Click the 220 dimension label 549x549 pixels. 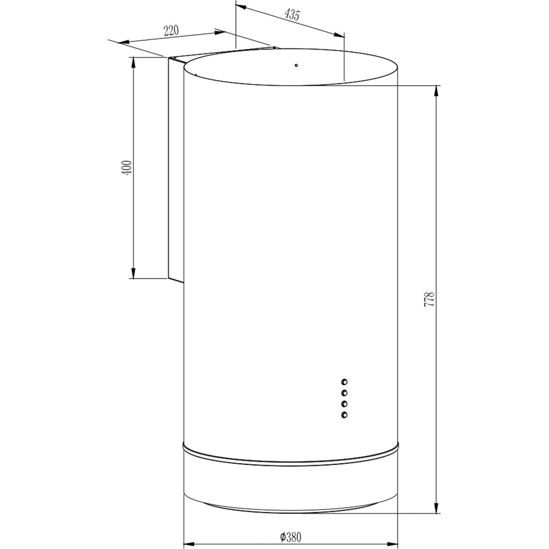pos(172,31)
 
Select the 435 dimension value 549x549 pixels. pos(292,15)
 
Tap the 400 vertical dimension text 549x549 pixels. pos(127,167)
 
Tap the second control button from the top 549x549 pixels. pos(345,393)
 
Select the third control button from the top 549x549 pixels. pos(345,404)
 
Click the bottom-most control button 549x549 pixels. pos(345,414)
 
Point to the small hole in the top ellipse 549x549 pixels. pos(295,65)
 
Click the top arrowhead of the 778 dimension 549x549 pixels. pos(436,90)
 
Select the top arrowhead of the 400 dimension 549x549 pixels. pos(134,62)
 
